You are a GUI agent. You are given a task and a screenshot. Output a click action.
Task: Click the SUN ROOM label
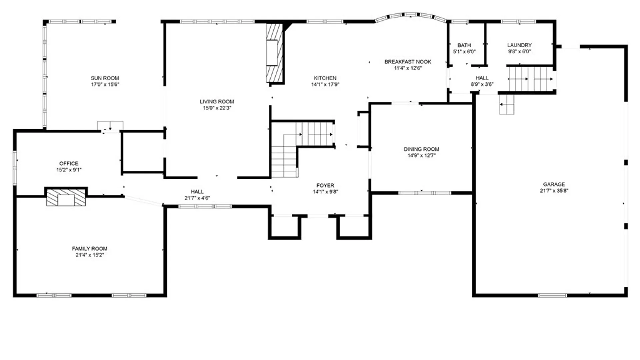click(105, 78)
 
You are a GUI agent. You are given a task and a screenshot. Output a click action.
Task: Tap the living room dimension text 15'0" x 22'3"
click(217, 108)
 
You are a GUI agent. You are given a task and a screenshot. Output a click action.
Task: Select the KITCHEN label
click(325, 78)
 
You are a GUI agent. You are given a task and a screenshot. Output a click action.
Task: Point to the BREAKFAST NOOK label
click(408, 62)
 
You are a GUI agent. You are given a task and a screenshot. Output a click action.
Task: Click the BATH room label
click(464, 45)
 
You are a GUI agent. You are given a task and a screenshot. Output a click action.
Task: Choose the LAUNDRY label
click(519, 45)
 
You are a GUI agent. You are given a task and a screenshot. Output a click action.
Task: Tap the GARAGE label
click(554, 184)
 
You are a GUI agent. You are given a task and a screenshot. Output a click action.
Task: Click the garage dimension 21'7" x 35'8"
click(554, 191)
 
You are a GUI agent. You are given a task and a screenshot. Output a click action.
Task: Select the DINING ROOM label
click(421, 149)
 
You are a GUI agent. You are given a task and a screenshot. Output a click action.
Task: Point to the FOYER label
click(325, 185)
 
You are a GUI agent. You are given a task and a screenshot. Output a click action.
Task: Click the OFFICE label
click(69, 163)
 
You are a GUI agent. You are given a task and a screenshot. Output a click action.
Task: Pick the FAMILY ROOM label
click(90, 249)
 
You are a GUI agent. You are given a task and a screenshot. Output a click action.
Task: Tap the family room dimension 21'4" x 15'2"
click(90, 255)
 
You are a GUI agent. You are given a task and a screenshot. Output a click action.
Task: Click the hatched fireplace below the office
click(66, 198)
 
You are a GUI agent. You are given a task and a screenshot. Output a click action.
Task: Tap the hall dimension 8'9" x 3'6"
click(482, 84)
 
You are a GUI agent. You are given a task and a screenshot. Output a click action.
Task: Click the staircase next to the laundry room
click(530, 79)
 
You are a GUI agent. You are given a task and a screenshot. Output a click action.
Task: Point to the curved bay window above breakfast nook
click(411, 16)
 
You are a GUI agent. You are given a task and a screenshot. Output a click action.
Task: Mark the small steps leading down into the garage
click(507, 104)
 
